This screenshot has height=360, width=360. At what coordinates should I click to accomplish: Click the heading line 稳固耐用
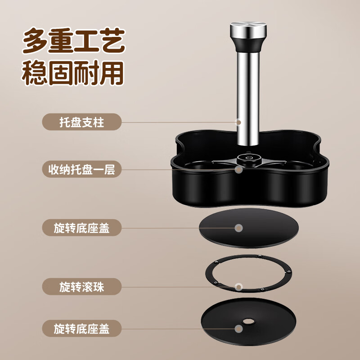click(x=73, y=73)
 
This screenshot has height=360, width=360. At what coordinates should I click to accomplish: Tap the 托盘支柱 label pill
click(x=82, y=122)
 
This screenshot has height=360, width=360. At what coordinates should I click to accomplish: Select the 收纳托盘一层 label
click(x=82, y=169)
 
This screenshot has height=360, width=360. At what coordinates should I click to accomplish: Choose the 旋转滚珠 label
click(x=82, y=287)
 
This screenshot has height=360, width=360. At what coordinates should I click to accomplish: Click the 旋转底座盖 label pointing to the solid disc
click(x=82, y=228)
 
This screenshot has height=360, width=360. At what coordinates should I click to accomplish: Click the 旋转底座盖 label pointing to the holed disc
click(x=82, y=328)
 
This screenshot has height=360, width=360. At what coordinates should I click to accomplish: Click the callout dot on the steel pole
click(x=238, y=122)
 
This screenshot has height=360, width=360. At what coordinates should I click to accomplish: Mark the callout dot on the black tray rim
click(x=239, y=170)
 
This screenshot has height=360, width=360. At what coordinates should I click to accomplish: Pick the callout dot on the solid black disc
click(x=239, y=228)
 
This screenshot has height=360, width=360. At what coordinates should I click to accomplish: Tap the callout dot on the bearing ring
click(x=239, y=287)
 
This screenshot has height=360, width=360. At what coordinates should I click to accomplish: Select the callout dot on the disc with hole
click(x=239, y=329)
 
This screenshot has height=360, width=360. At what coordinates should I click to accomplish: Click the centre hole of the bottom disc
click(x=248, y=321)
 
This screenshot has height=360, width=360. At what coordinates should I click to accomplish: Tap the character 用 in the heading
click(x=112, y=73)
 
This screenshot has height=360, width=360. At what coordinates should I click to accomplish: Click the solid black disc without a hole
click(x=249, y=228)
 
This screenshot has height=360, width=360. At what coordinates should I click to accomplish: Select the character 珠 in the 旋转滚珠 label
click(x=98, y=287)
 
